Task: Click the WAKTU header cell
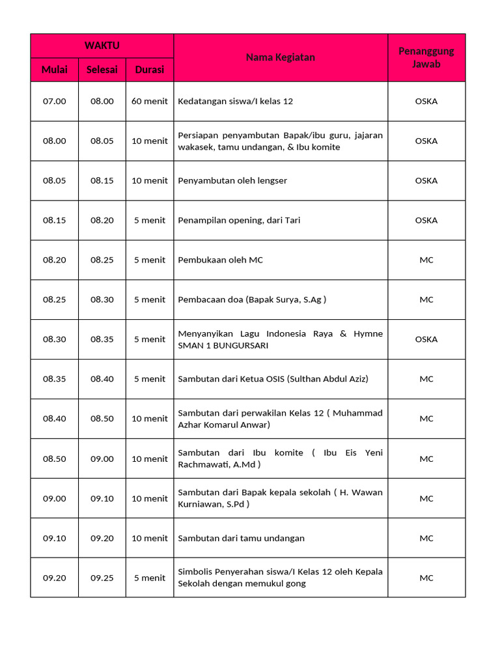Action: click(x=102, y=46)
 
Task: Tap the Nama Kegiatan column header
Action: click(x=280, y=57)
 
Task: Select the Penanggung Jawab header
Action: click(x=426, y=57)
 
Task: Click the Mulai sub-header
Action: click(x=55, y=70)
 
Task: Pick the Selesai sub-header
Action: click(x=102, y=70)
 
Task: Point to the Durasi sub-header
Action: click(x=150, y=70)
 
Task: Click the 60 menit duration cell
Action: click(x=150, y=101)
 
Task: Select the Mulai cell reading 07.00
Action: click(x=55, y=101)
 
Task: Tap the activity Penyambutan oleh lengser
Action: click(x=232, y=180)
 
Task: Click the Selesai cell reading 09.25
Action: click(x=102, y=578)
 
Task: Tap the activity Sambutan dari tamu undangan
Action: click(x=241, y=538)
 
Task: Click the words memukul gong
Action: click(x=279, y=584)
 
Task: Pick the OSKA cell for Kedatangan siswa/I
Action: click(x=426, y=101)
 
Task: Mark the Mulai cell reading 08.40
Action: click(x=55, y=419)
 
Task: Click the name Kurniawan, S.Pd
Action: click(x=212, y=504)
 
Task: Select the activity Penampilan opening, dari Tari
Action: click(x=239, y=220)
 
